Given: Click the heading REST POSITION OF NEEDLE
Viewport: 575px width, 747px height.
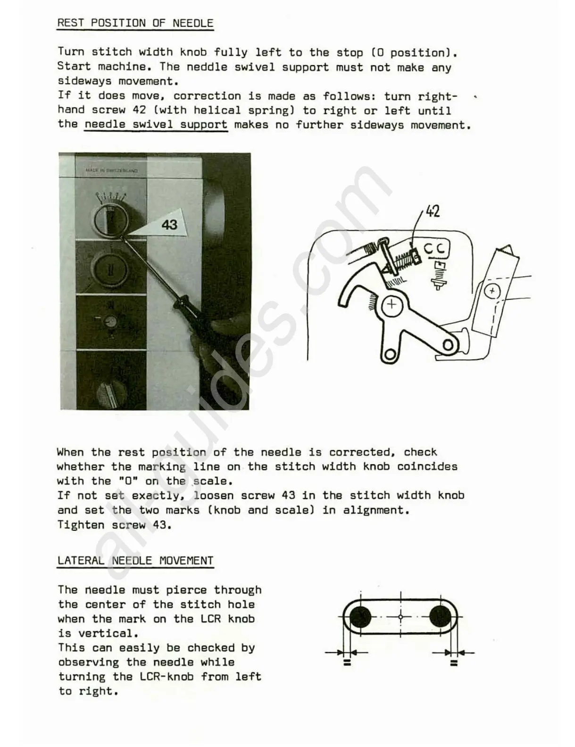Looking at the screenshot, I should (135, 23).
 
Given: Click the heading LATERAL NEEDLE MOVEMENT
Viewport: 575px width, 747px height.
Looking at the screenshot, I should (135, 560).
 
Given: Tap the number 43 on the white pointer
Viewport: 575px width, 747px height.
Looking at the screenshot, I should (169, 225).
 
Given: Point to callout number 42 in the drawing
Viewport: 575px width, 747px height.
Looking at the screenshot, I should (433, 211).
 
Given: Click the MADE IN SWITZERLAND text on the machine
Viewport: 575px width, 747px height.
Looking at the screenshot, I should (111, 170).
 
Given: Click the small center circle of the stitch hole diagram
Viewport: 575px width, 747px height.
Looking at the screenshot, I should (400, 617).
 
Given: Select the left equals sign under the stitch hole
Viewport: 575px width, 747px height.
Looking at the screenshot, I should (347, 663).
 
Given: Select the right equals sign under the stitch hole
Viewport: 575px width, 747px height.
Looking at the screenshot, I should (454, 663).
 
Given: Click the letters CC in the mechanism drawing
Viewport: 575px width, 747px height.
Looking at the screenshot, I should (436, 248).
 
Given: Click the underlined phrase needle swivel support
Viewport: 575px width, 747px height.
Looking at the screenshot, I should (156, 125).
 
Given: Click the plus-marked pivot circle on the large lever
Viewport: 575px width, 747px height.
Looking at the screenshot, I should (392, 305).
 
